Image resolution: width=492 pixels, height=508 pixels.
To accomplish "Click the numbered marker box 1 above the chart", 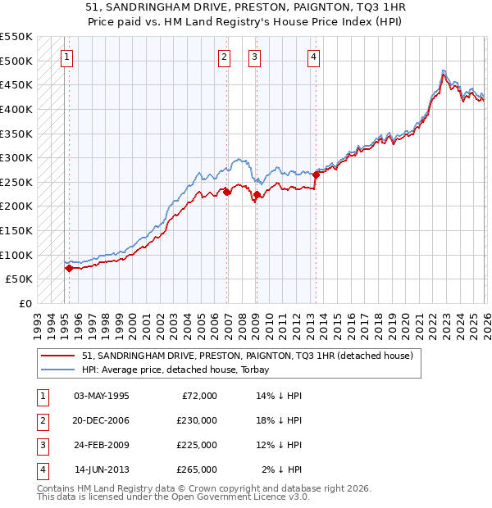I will [66, 57].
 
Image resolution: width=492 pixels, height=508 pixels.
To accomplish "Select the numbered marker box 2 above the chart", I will [224, 57].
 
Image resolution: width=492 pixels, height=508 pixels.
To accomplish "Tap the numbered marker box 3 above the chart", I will [254, 57].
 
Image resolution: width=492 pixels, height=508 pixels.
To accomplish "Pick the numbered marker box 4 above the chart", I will [314, 57].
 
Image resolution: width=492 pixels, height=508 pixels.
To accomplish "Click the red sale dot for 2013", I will [316, 175].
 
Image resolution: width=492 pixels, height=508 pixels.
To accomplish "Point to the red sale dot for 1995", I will [69, 268].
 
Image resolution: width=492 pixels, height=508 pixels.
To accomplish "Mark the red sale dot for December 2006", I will [227, 192].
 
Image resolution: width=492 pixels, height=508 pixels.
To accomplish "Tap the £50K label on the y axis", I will [20, 279].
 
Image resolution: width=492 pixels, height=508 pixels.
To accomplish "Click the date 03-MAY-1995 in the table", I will [102, 396].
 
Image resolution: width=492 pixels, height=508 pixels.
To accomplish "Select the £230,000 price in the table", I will [198, 420].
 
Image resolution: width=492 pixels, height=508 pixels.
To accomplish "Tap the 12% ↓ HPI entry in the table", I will [279, 445].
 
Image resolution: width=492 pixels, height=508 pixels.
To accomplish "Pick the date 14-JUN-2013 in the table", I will [102, 469].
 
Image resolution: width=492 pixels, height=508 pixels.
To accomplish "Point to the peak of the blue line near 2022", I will [443, 70].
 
